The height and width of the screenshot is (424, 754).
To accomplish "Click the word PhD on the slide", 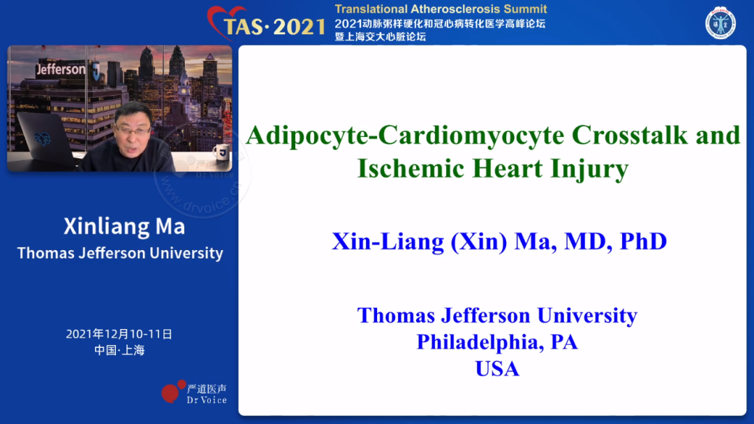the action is (644, 242).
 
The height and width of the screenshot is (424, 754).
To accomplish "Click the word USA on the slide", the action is (497, 369).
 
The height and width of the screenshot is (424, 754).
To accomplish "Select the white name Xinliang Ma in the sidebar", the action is (124, 227).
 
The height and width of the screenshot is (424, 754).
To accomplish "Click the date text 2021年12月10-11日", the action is (119, 334).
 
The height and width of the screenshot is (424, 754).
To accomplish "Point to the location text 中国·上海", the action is (119, 350).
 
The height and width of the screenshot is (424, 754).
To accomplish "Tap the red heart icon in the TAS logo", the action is (225, 20).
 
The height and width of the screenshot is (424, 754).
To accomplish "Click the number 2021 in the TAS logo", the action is (299, 27).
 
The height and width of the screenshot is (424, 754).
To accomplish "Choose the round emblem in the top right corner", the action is (720, 22).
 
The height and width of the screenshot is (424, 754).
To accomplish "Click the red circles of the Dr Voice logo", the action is (174, 390).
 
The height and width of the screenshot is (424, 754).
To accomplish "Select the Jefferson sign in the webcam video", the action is (61, 70).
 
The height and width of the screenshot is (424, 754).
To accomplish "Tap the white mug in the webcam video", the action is (222, 152).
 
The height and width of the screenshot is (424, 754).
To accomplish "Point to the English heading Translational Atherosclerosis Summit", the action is (441, 9).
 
